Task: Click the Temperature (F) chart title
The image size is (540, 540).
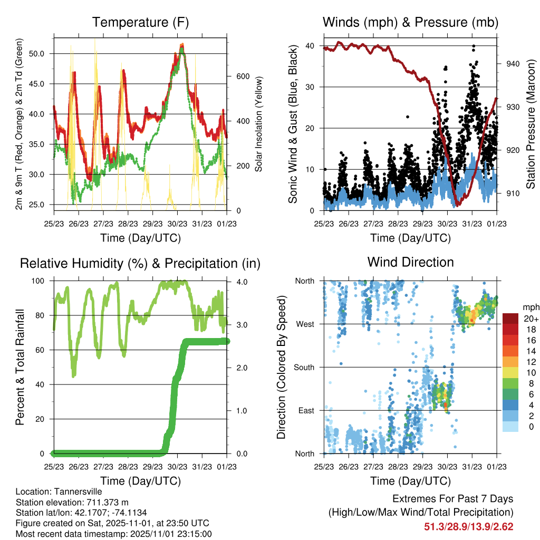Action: (140, 23)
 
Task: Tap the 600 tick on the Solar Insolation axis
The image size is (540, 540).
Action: (242, 76)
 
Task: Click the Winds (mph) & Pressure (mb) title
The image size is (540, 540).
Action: (410, 23)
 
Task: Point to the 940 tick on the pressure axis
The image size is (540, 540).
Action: (514, 64)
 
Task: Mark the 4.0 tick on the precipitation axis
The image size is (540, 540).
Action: (240, 282)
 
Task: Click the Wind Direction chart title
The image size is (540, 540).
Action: (410, 262)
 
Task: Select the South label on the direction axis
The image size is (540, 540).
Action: (304, 367)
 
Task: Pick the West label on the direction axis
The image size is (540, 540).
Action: (305, 324)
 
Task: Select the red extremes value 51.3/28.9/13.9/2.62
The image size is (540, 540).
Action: (468, 526)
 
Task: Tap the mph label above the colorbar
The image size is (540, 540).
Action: (529, 307)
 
